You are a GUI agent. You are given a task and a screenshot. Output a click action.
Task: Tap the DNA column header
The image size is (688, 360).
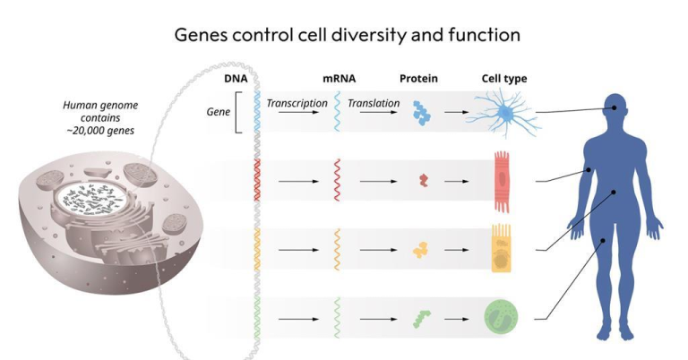pos(236,79)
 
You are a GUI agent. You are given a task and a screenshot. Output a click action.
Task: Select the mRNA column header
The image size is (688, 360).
pos(340,79)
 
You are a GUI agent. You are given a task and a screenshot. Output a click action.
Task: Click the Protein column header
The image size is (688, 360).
pos(418,79)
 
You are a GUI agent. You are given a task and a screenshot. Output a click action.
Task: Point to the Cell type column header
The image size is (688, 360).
pos(504,79)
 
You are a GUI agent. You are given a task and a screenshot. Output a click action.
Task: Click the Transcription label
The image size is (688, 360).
pos(297,104)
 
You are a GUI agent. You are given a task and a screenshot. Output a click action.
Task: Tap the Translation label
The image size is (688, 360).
pos(374,104)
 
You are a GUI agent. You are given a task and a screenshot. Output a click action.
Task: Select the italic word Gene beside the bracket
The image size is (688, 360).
pos(218,112)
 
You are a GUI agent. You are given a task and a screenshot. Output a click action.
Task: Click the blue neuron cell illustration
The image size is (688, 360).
pos(506,114)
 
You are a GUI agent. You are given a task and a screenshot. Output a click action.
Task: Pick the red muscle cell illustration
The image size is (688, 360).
pos(502,182)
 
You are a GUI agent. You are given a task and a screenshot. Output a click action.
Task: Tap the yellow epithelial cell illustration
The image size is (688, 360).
pos(501,248)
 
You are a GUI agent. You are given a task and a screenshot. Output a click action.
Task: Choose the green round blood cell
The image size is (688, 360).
pos(501,317)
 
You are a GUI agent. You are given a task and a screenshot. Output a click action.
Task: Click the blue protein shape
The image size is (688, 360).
pos(421,113)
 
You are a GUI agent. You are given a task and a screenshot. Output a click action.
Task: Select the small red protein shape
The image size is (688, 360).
pos(424,180)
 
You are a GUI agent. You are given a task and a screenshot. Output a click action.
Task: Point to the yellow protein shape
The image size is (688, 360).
pos(420,250)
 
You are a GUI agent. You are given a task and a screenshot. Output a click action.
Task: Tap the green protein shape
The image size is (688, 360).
pos(422,319)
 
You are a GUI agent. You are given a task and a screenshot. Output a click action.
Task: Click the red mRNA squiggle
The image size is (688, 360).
pos(337,180)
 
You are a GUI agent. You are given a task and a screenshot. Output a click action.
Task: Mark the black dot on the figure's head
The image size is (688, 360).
pos(615,107)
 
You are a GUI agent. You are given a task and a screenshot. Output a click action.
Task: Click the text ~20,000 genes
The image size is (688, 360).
pos(100,131)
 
